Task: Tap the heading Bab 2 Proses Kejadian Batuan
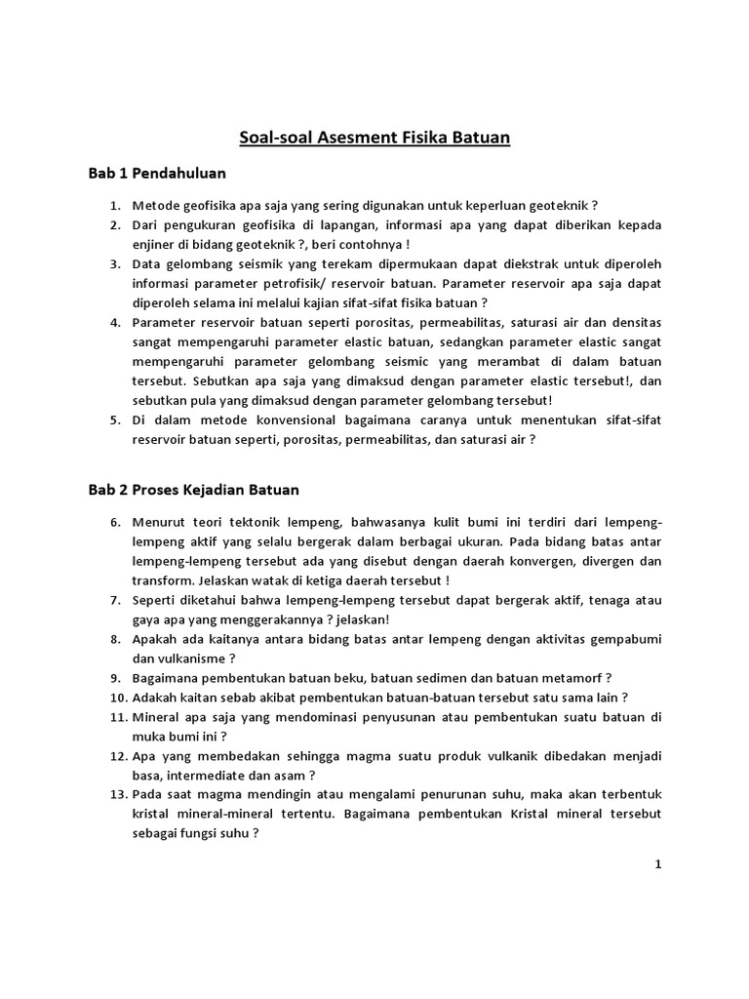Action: (194, 489)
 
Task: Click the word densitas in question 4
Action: (635, 323)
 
